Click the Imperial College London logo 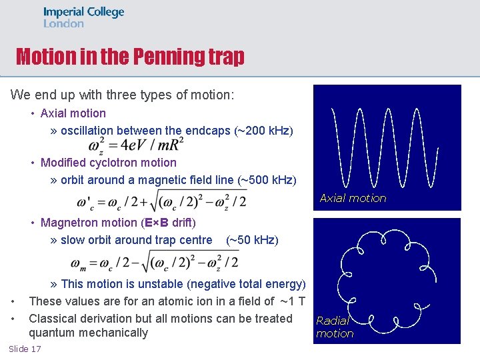tap(83, 17)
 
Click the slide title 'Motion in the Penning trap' tap(130, 57)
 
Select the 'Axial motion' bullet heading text tap(73, 113)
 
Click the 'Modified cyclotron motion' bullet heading tap(108, 163)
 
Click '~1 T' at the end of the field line tap(291, 301)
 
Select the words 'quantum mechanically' tap(88, 333)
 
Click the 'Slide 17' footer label tap(25, 349)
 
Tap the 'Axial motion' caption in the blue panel tap(353, 198)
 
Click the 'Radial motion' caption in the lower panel tap(334, 327)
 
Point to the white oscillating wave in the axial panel tap(387, 147)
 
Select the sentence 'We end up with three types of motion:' tap(122, 95)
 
